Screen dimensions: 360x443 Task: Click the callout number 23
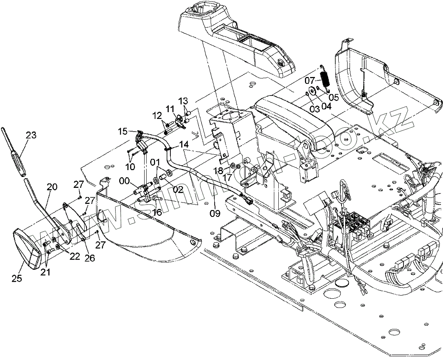31,135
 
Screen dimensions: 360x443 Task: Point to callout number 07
310,80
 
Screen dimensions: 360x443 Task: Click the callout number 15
123,131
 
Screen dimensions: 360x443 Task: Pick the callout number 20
52,187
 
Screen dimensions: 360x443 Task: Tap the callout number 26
89,258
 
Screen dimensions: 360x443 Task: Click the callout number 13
183,100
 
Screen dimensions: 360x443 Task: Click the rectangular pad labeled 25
27,247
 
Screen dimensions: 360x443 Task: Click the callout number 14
184,144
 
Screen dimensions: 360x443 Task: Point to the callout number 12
156,115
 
